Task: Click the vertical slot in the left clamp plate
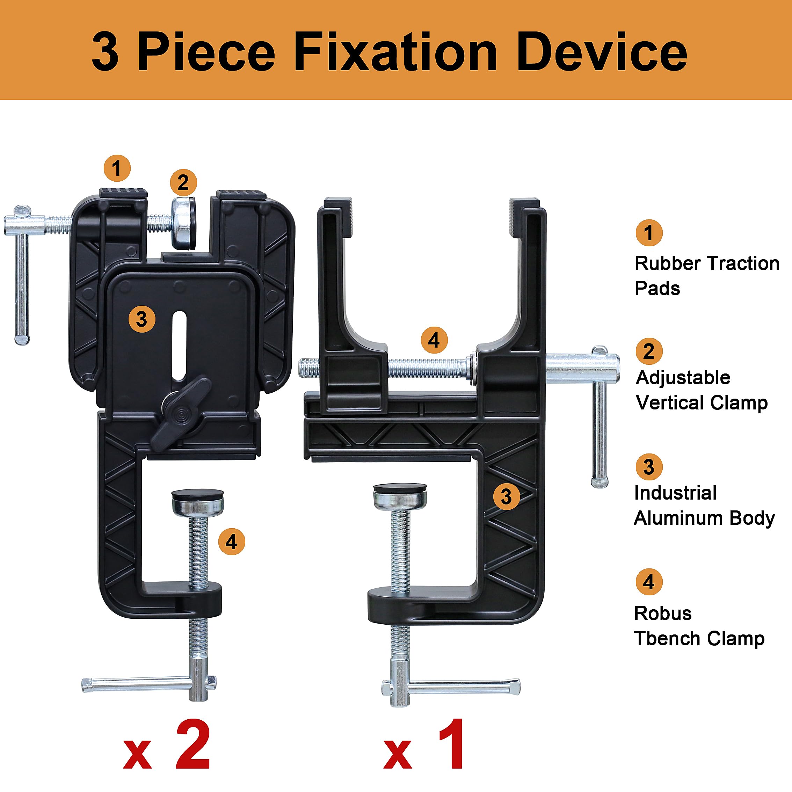180,347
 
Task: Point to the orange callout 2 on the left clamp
183,182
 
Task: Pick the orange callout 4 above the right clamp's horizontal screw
434,340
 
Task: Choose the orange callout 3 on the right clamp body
506,496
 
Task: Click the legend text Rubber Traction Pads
707,276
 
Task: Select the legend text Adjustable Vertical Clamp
702,390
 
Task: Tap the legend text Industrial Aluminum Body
704,506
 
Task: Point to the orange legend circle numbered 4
649,582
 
